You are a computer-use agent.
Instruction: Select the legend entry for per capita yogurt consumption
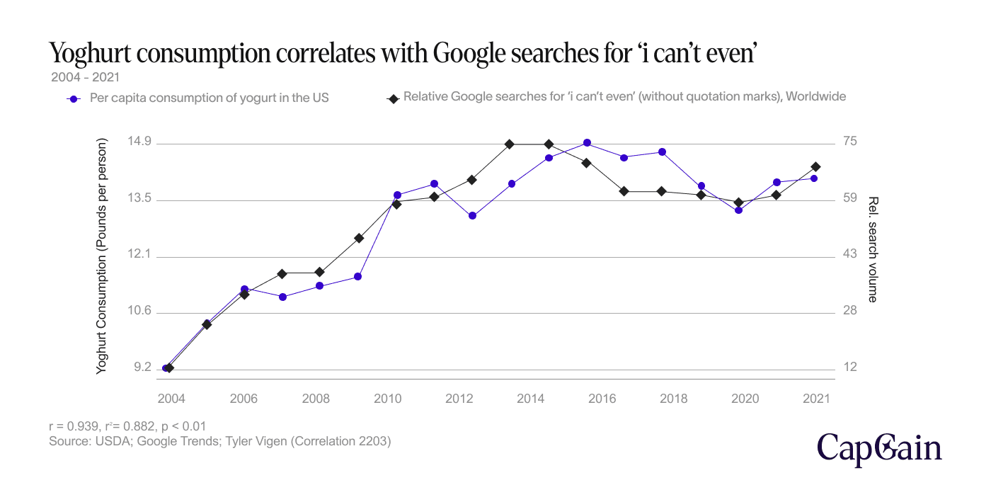[x=209, y=98]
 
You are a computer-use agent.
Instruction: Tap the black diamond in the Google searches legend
[x=391, y=98]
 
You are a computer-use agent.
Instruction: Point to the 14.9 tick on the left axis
[x=139, y=142]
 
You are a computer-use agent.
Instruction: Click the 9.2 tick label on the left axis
[x=142, y=367]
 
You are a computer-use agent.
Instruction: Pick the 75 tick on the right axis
[x=850, y=142]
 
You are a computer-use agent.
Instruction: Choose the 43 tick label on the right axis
[x=850, y=254]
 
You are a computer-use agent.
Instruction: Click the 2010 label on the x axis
[x=387, y=399]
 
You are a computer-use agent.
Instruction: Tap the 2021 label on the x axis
[x=815, y=399]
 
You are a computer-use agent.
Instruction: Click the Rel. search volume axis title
[x=872, y=249]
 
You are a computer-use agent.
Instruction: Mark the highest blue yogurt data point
[x=587, y=143]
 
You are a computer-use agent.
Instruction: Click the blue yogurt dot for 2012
[x=473, y=215]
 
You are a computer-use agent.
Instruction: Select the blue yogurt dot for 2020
[x=739, y=210]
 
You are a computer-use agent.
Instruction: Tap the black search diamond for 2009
[x=359, y=238]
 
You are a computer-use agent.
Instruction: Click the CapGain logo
[x=880, y=448]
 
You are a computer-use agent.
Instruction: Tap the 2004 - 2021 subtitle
[x=84, y=75]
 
